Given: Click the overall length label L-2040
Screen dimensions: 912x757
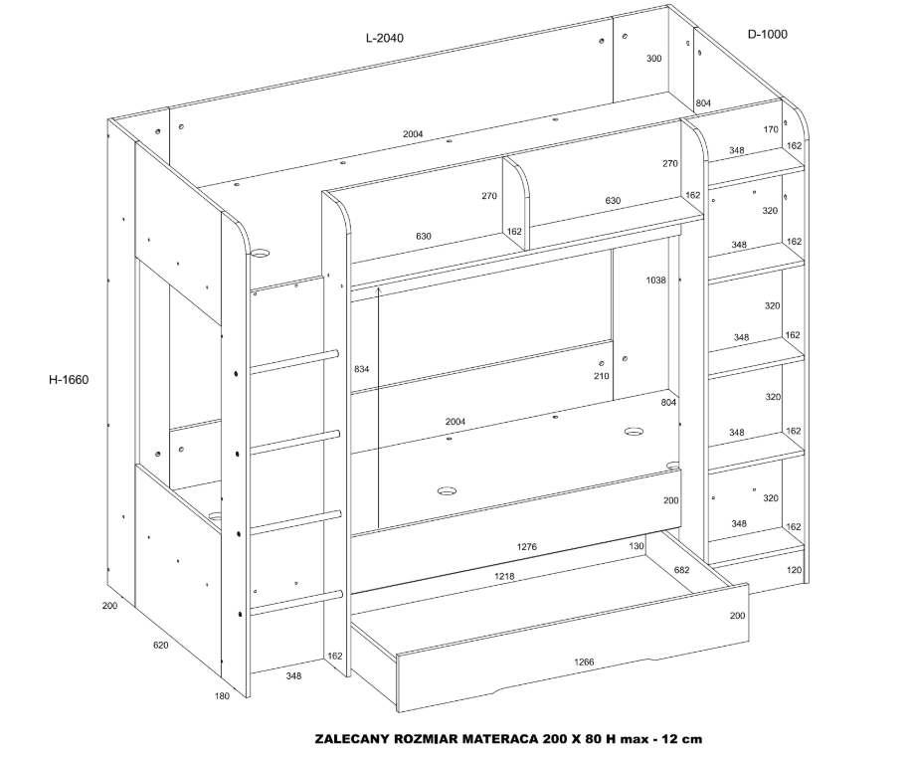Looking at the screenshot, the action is pyautogui.click(x=385, y=39).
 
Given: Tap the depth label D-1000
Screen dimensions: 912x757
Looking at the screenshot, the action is pyautogui.click(x=767, y=35).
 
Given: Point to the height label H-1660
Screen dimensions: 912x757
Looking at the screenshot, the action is pyautogui.click(x=69, y=380).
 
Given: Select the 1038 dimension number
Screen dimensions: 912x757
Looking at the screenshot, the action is pyautogui.click(x=655, y=281).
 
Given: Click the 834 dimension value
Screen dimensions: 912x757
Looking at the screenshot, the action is pyautogui.click(x=361, y=369).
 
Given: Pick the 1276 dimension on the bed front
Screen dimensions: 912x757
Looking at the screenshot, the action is pyautogui.click(x=527, y=547).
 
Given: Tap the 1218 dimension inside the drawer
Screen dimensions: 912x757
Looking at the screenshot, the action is pyautogui.click(x=504, y=577).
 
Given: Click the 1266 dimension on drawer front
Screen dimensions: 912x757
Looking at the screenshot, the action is pyautogui.click(x=584, y=662).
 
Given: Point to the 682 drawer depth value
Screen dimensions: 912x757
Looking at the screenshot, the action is pyautogui.click(x=681, y=570).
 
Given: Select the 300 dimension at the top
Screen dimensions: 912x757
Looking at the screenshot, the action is pyautogui.click(x=654, y=58).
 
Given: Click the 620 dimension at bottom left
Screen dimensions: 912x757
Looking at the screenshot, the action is pyautogui.click(x=160, y=646).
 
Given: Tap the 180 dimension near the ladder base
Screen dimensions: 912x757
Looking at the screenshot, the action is pyautogui.click(x=222, y=696).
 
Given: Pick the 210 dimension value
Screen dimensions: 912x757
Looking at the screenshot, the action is pyautogui.click(x=602, y=376).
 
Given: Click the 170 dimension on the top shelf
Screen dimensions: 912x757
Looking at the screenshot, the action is pyautogui.click(x=771, y=129).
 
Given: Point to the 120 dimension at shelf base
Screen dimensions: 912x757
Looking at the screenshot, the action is pyautogui.click(x=794, y=570).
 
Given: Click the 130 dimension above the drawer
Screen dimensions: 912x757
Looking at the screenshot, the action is pyautogui.click(x=637, y=546).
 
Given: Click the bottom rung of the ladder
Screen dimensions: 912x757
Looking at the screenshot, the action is pyautogui.click(x=296, y=602).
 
